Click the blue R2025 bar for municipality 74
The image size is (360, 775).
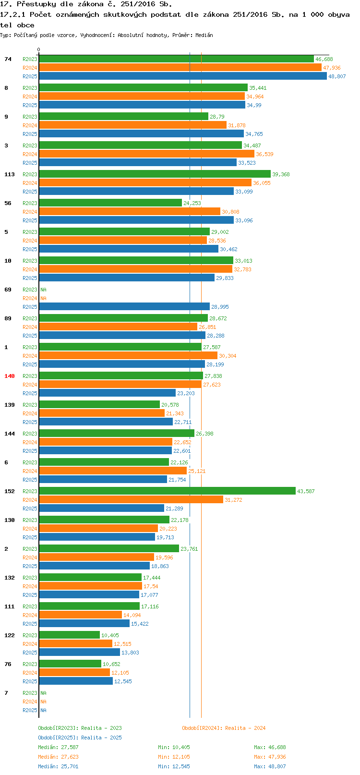pos(182,76)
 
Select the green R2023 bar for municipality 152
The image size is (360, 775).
pos(167,491)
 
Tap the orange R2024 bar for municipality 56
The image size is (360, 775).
pos(130,212)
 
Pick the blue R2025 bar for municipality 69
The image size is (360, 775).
pos(124,307)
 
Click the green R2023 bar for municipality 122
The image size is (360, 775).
pos(70,635)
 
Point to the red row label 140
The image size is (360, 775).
pos(10,376)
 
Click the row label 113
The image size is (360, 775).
pos(10,174)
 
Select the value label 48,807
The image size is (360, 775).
pos(337,76)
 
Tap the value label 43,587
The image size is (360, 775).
pos(306,491)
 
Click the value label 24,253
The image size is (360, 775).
pos(192,203)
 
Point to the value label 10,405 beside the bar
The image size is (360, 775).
pos(109,635)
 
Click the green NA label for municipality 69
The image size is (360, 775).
pos(43,290)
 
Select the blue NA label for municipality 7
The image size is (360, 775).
pos(43,710)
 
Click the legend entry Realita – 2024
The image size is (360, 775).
pos(224,728)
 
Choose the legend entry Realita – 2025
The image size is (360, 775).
pos(80,738)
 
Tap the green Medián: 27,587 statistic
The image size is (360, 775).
pos(58,747)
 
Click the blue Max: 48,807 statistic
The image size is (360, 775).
pos(270,766)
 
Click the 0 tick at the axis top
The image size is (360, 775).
pos(39,49)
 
